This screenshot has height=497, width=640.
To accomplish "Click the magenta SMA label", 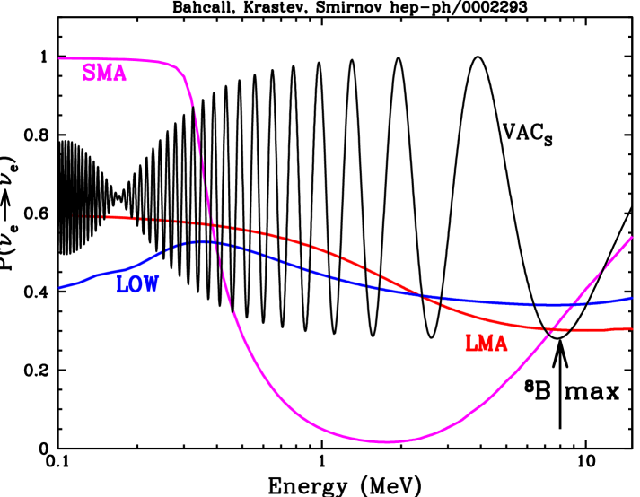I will [x=104, y=74].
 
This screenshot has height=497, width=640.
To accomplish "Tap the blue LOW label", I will [x=137, y=285].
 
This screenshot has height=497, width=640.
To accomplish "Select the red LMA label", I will [x=486, y=343].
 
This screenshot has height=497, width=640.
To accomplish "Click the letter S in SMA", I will [x=90, y=74].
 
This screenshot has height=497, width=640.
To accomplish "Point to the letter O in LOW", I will [x=136, y=285].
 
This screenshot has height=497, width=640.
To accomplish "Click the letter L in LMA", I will [x=470, y=343].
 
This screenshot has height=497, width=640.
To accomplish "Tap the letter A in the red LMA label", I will [x=501, y=343].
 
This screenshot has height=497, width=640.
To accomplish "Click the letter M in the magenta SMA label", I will [x=104, y=74].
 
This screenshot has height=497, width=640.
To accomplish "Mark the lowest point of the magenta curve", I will [x=384, y=441].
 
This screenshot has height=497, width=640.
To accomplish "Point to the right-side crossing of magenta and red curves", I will [x=549, y=330].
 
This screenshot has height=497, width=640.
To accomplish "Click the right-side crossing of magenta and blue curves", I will [x=571, y=304].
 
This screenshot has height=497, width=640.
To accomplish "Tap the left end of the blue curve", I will [x=60, y=288].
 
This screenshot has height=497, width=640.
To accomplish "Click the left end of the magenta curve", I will [x=60, y=58].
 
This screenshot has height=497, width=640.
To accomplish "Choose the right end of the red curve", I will [x=632, y=328].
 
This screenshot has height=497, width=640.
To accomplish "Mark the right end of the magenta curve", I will [x=632, y=237].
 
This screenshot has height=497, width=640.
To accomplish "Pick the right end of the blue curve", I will [x=632, y=298].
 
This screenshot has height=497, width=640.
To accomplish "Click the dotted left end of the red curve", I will [x=72, y=216].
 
